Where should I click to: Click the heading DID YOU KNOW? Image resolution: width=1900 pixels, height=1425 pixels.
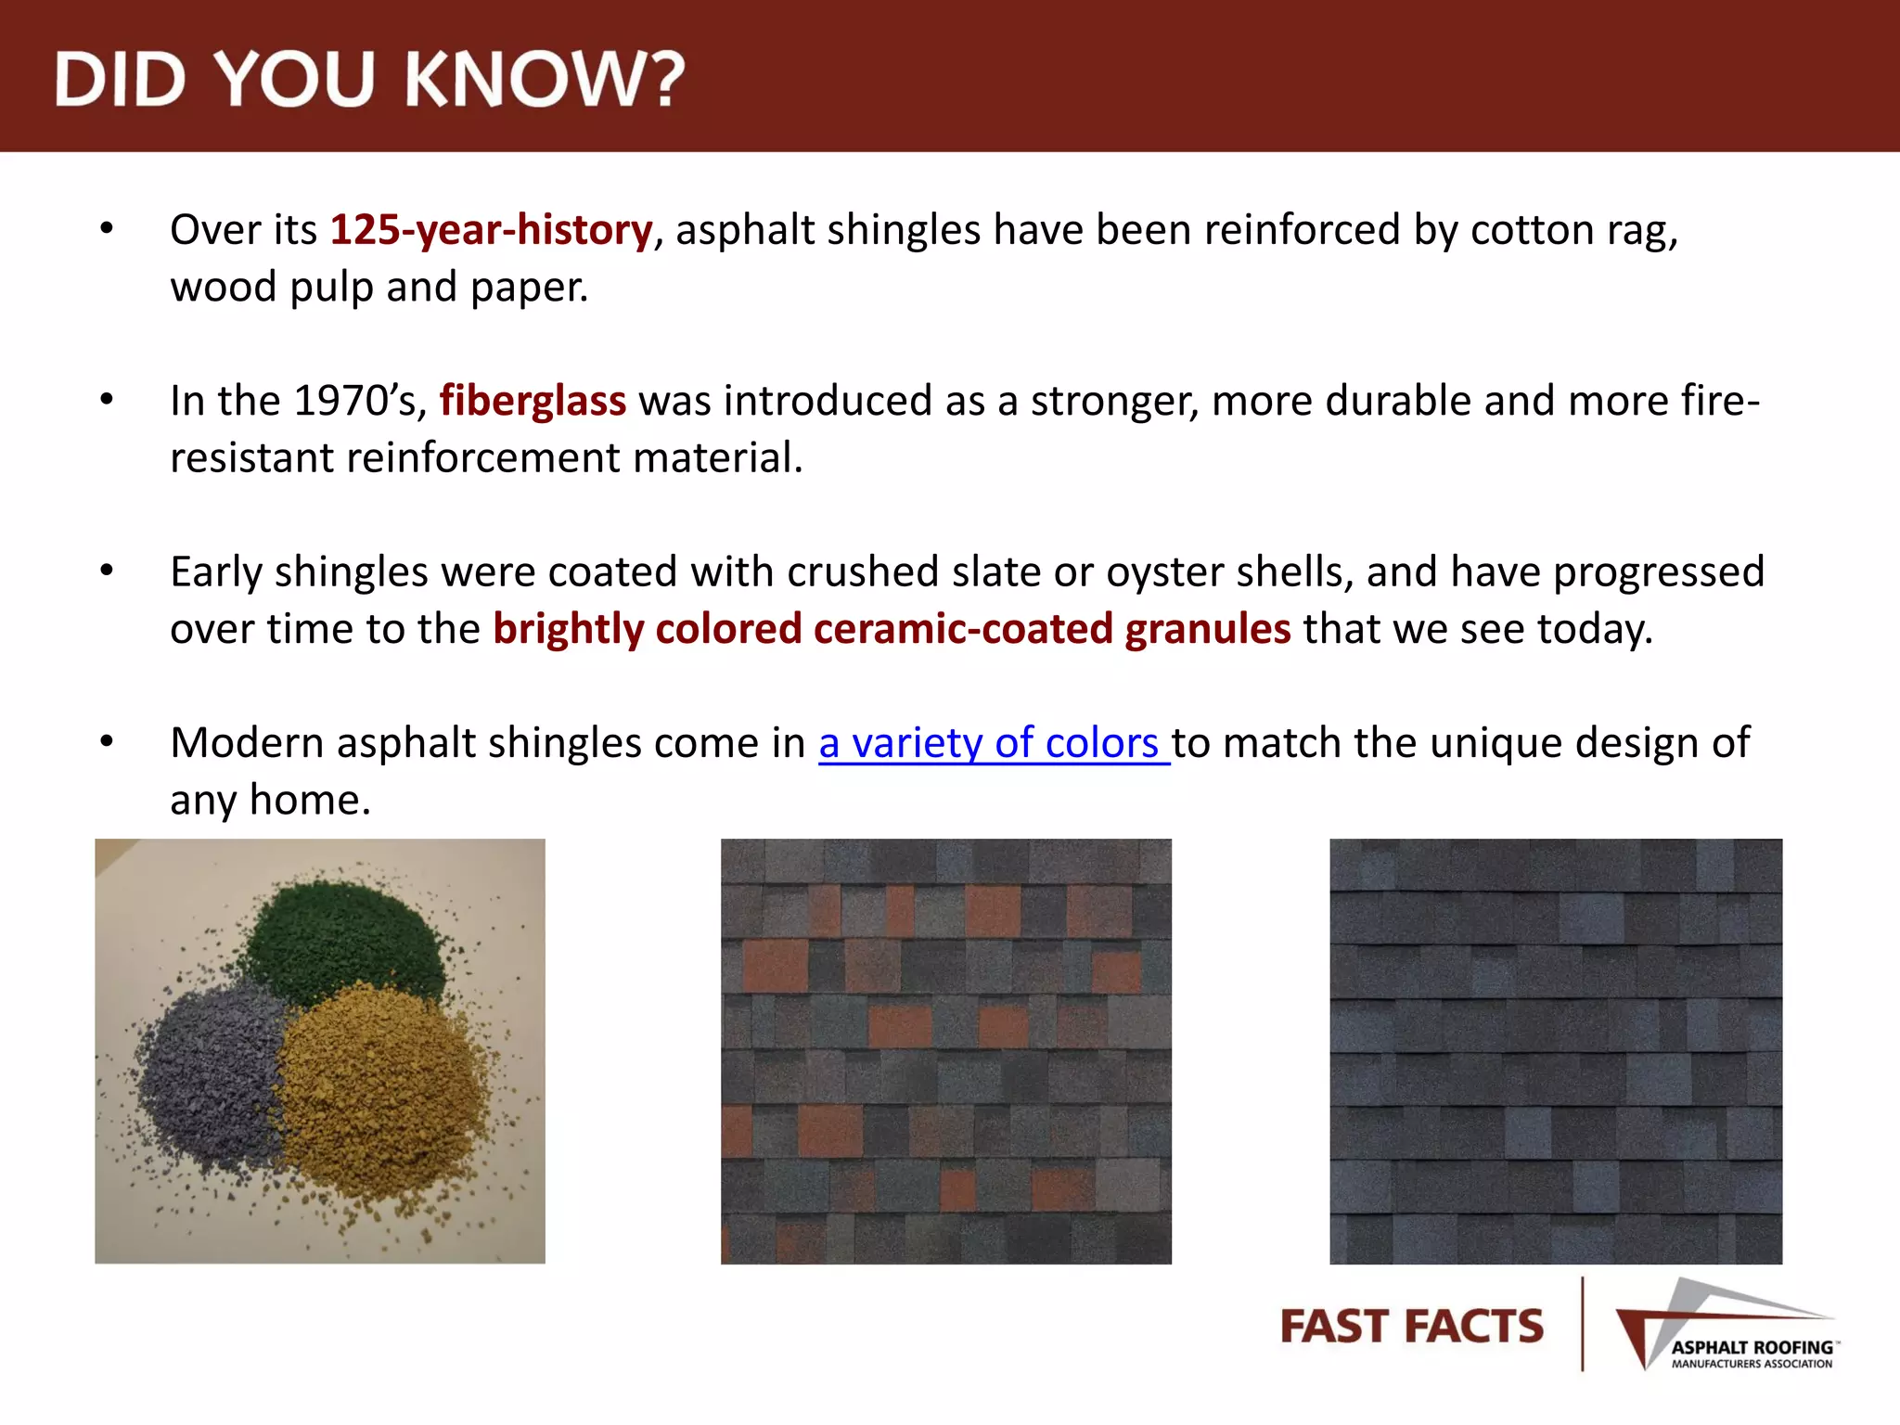[x=369, y=79]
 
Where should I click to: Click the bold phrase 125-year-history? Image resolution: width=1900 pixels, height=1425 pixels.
[x=491, y=230]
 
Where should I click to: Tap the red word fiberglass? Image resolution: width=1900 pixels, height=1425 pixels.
[x=533, y=401]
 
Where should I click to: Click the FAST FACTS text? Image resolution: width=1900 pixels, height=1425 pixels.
[x=1411, y=1327]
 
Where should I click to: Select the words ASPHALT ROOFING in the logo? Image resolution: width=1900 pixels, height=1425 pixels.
[x=1752, y=1347]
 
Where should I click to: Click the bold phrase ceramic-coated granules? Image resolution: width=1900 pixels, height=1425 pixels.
[x=1052, y=629]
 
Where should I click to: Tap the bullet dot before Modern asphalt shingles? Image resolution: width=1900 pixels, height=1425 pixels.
[x=107, y=741]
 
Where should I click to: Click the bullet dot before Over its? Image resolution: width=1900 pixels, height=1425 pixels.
[x=107, y=228]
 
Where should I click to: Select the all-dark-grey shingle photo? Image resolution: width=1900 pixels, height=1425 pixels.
[x=1555, y=1050]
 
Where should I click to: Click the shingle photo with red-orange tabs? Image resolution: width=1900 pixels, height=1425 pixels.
[x=945, y=1050]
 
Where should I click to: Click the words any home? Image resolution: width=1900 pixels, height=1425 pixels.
[x=270, y=800]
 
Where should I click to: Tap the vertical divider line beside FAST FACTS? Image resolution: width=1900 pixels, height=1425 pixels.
[x=1582, y=1325]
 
